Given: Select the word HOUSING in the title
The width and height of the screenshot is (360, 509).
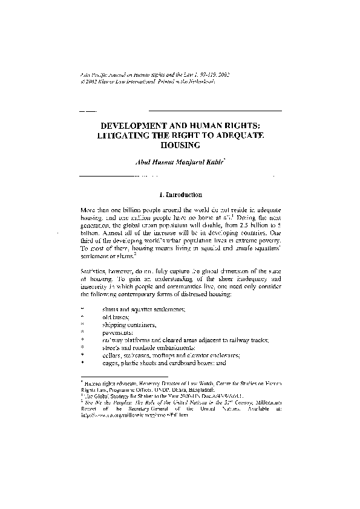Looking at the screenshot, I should (180, 146).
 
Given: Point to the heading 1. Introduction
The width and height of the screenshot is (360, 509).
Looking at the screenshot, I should (180, 195).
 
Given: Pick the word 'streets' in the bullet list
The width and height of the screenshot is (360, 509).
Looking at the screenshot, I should (113, 348).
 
